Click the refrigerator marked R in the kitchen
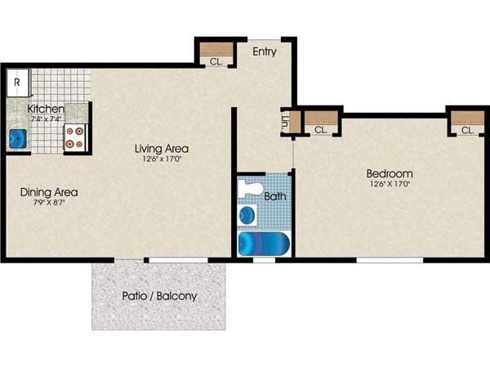point(17,83)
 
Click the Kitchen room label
point(47,109)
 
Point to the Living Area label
point(162,148)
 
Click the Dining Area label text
point(49,192)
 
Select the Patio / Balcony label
point(159,295)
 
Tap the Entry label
point(264,52)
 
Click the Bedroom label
point(389,173)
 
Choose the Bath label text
point(275,196)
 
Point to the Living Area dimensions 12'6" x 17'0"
point(162,160)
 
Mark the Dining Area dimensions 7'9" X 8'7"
point(48,204)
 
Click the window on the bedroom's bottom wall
point(390,260)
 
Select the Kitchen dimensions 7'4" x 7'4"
point(47,119)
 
